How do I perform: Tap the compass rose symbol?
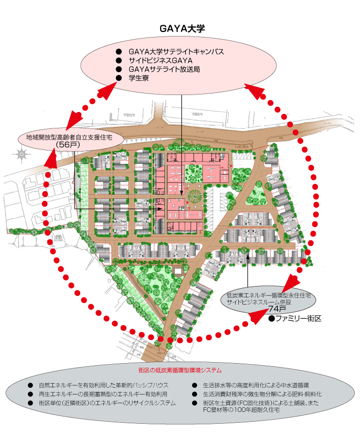[x=21, y=154]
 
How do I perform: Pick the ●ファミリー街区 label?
[x=295, y=319]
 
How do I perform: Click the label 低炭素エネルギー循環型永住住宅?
[x=269, y=296]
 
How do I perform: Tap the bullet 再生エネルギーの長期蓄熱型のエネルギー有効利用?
[x=106, y=394]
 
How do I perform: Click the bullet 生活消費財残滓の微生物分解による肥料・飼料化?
[x=262, y=394]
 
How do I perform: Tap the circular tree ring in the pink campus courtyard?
[x=195, y=196]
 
